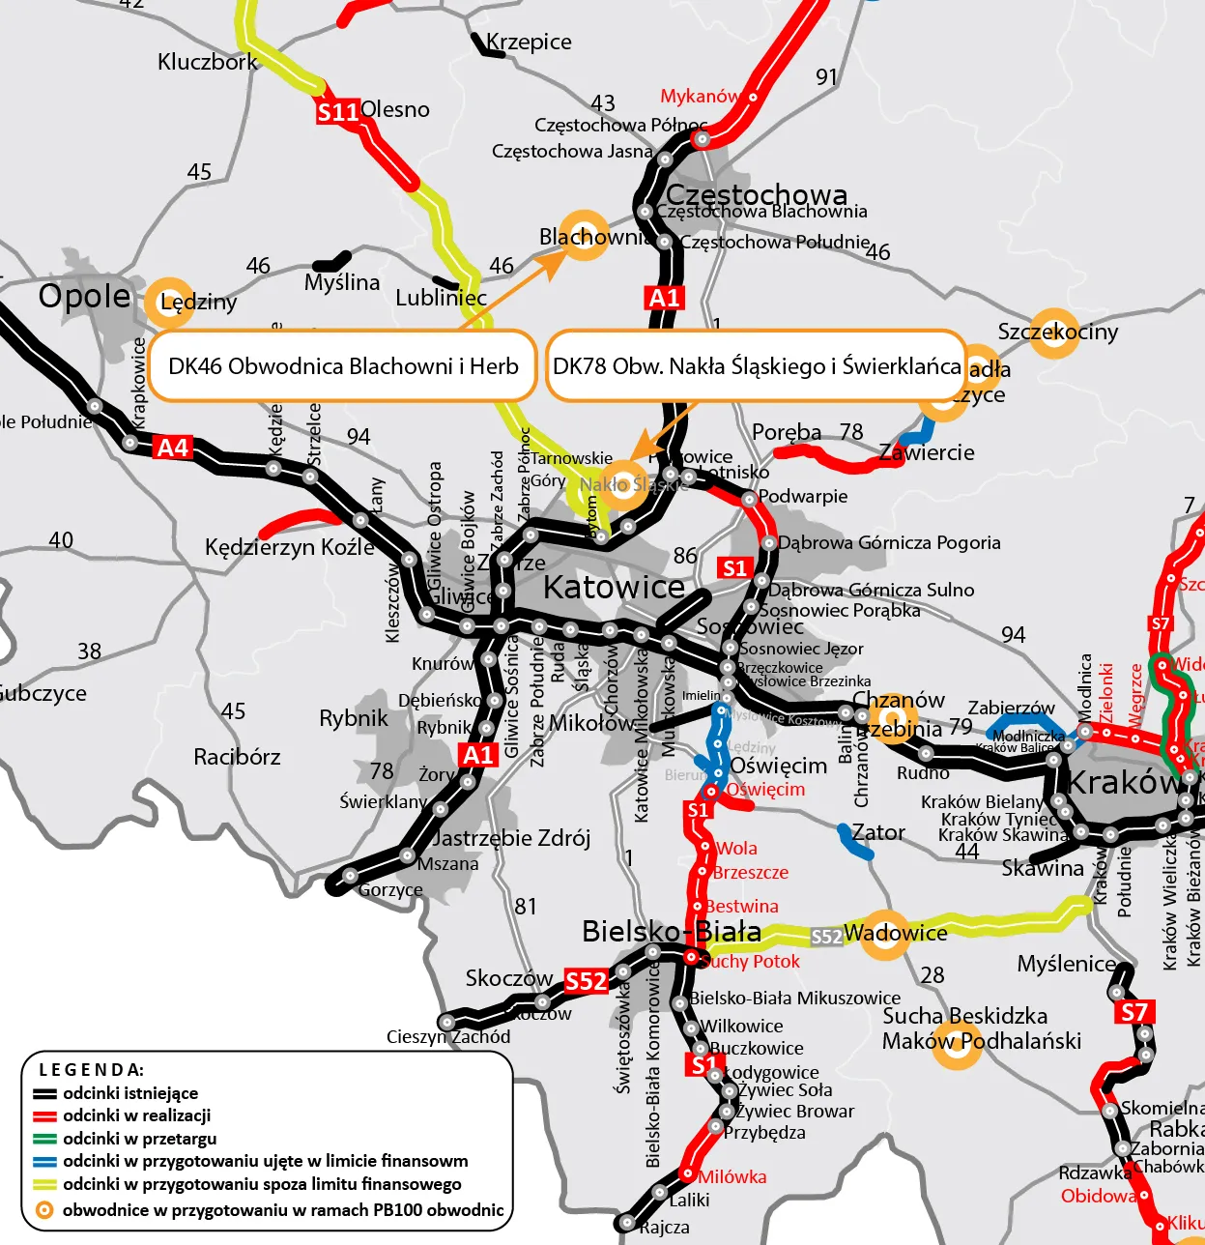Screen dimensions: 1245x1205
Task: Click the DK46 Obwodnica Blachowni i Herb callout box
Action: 343,365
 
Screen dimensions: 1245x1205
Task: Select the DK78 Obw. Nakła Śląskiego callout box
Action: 756,365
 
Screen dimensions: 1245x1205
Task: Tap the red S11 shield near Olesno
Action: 338,112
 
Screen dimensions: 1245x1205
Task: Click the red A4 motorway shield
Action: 173,448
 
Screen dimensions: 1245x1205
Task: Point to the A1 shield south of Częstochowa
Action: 664,298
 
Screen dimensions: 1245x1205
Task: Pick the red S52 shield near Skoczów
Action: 586,981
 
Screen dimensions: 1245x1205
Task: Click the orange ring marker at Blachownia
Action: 585,234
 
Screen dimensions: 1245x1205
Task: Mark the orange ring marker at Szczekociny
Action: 1053,333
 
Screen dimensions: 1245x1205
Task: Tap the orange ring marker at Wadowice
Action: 884,934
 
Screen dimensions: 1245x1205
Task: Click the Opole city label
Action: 84,296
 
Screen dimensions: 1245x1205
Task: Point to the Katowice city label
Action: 614,587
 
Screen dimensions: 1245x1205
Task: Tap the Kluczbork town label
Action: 207,62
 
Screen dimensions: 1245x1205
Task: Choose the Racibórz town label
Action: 237,756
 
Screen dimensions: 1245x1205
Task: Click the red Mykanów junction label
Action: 699,96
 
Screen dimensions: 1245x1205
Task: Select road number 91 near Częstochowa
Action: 826,77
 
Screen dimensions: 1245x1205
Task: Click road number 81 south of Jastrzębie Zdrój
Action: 525,906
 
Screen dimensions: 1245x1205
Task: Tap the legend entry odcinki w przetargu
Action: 139,1139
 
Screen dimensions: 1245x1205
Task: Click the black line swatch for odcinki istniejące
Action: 45,1094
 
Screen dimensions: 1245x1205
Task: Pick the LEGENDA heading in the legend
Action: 91,1069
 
